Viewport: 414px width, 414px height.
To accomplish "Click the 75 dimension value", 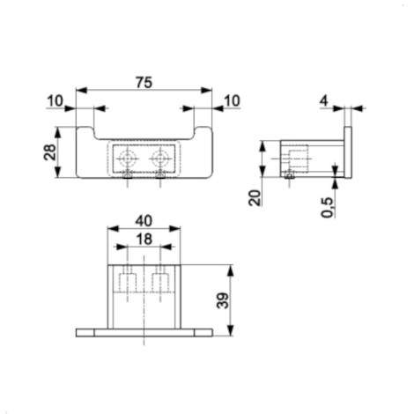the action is (x=144, y=83).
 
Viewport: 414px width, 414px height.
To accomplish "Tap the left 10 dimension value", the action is (x=55, y=101).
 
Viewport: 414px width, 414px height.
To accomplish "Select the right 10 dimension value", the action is (x=232, y=101).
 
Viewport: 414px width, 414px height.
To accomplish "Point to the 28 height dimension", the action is (x=50, y=152).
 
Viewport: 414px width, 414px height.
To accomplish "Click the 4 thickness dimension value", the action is (x=323, y=101).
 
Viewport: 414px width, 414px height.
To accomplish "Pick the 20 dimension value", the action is (x=255, y=198).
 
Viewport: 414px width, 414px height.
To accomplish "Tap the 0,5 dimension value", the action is (x=327, y=207).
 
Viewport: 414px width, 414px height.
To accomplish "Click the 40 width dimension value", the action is (x=144, y=221).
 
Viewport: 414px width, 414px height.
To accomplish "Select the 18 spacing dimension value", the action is (x=144, y=240).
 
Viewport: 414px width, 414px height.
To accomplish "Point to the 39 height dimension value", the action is (x=223, y=300).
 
